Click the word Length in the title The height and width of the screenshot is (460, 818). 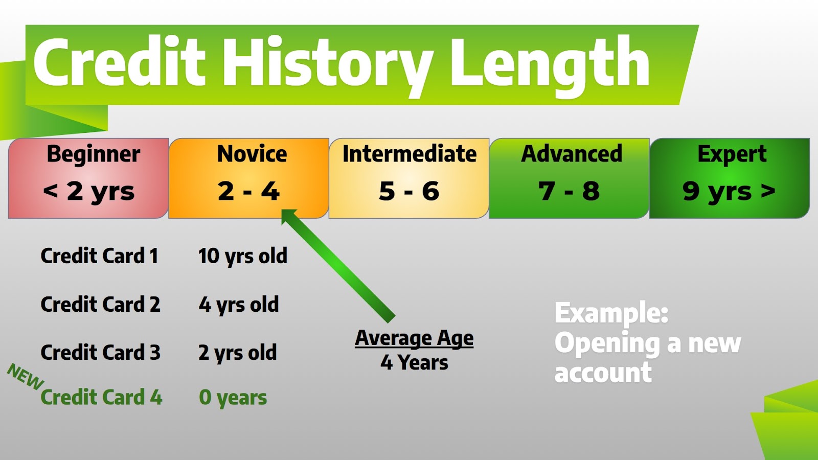(550, 66)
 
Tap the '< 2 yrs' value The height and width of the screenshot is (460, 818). (89, 192)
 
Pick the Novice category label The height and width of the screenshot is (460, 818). (252, 154)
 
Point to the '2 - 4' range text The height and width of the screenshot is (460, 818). (248, 191)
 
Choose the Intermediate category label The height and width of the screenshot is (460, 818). (410, 153)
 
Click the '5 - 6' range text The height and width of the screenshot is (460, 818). (409, 191)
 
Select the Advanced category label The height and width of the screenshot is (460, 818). (572, 153)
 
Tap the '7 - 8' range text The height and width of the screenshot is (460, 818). (569, 191)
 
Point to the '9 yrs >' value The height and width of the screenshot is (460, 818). (729, 192)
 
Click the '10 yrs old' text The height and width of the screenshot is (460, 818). (243, 256)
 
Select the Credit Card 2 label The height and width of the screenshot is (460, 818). (100, 304)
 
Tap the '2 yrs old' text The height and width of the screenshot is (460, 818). (238, 353)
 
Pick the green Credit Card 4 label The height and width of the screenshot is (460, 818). (101, 397)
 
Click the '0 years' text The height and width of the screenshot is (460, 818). (233, 398)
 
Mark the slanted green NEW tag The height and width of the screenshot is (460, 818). (26, 377)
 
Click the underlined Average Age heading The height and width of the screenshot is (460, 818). (414, 338)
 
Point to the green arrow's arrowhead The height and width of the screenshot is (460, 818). (288, 216)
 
